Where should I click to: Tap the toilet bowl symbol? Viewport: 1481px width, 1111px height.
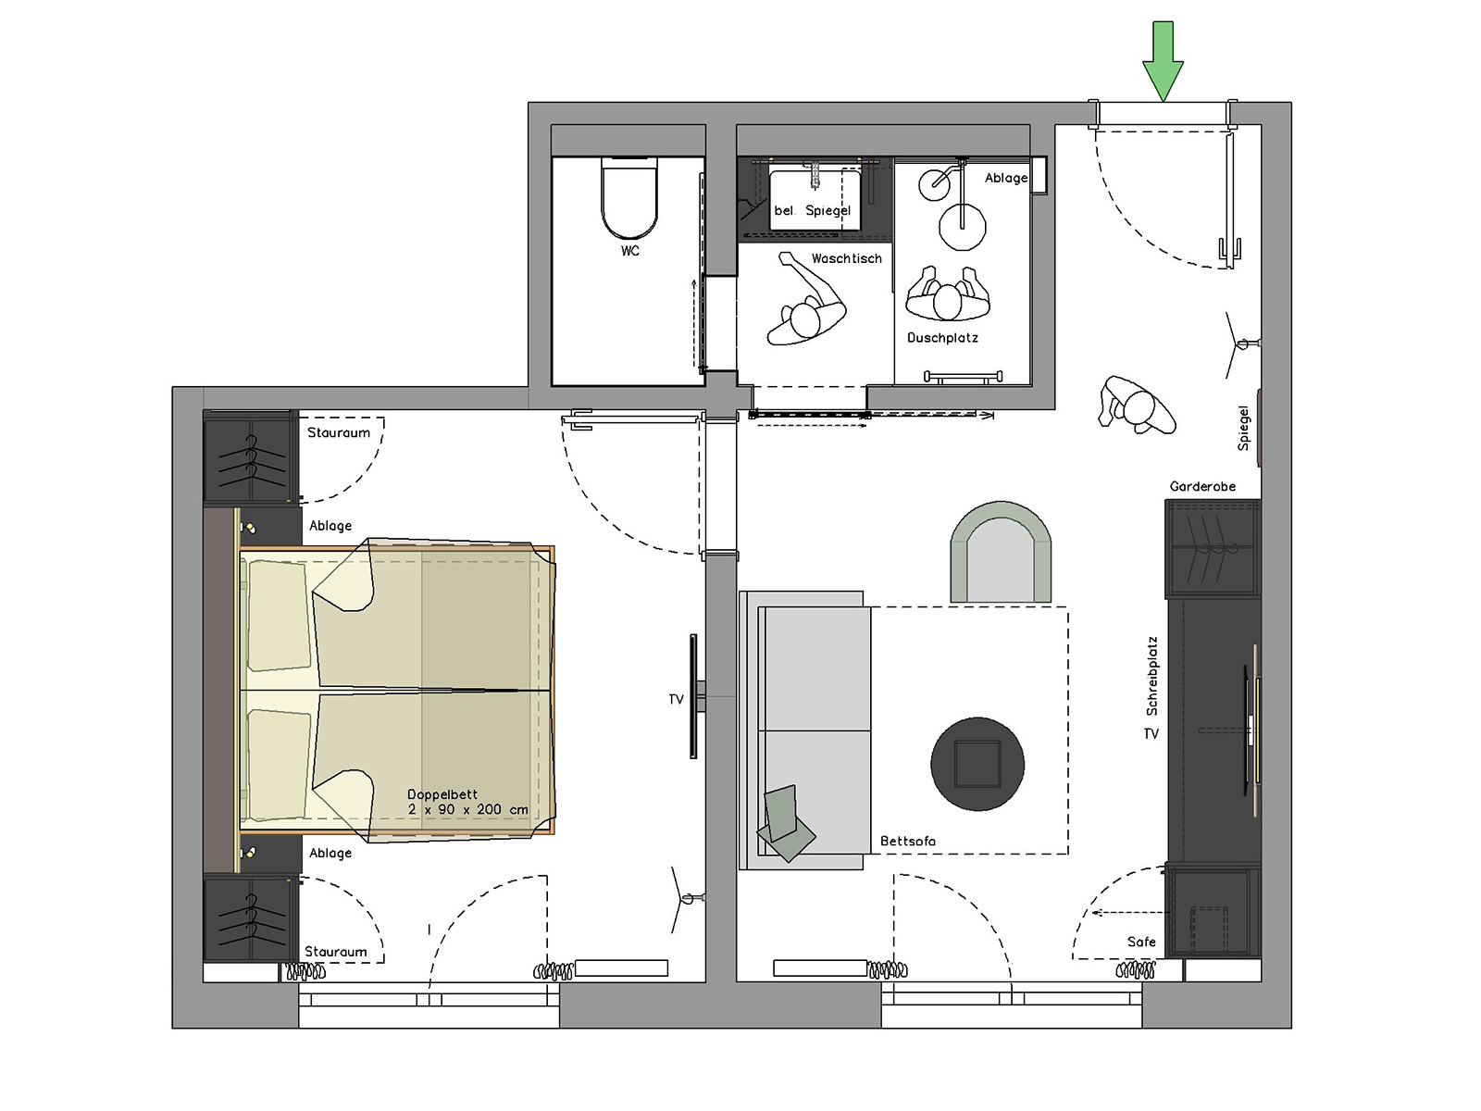628,198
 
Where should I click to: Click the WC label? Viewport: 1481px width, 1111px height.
629,251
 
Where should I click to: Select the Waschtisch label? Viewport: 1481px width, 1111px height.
846,258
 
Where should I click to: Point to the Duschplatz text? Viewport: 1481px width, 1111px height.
942,337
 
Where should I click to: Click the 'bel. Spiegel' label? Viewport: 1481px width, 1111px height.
813,210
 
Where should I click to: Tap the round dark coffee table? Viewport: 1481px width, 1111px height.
977,764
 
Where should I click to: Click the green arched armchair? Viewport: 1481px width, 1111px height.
1000,552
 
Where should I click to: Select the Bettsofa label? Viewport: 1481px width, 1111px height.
907,842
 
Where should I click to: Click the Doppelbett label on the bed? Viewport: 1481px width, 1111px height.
442,794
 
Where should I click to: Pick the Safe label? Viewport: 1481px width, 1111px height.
1141,942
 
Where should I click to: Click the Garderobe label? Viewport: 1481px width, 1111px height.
1202,486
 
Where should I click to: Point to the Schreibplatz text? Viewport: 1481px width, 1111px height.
1151,676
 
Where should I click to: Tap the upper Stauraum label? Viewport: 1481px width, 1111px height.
339,432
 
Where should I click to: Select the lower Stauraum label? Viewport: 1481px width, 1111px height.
335,952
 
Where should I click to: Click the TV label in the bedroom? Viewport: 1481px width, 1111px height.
676,700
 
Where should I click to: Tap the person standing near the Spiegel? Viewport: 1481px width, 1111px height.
1138,406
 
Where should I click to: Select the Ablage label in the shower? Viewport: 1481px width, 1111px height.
1006,178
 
